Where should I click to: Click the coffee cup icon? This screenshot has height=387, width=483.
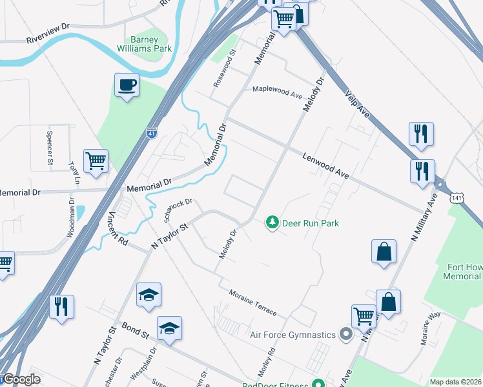pyautogui.click(x=127, y=84)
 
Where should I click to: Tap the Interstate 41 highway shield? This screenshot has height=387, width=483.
pyautogui.click(x=151, y=134)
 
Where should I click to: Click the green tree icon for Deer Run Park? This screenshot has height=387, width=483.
pyautogui.click(x=272, y=223)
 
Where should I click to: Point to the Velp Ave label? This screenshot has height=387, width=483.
pyautogui.click(x=357, y=104)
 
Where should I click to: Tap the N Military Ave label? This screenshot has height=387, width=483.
pyautogui.click(x=426, y=217)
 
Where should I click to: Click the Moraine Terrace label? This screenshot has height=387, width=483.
pyautogui.click(x=252, y=303)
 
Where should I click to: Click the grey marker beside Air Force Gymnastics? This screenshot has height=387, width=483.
pyautogui.click(x=345, y=335)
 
